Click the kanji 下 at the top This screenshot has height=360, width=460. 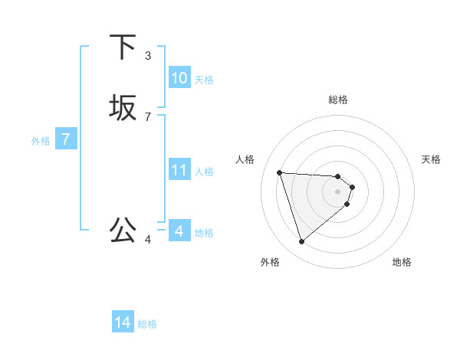click(x=123, y=47)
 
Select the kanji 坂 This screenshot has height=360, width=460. click(x=123, y=108)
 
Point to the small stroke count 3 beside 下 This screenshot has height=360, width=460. click(x=148, y=55)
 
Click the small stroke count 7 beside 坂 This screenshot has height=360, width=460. click(x=148, y=116)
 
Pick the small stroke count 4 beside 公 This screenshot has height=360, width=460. click(x=148, y=240)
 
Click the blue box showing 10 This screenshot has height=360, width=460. click(x=179, y=78)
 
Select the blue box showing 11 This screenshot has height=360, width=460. click(x=179, y=170)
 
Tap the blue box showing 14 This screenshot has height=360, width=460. click(x=123, y=323)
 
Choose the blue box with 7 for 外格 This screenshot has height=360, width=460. click(x=66, y=140)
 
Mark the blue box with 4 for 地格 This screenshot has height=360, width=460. click(x=179, y=231)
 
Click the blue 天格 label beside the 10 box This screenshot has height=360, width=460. click(x=204, y=80)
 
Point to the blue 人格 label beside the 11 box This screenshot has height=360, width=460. click(x=204, y=172)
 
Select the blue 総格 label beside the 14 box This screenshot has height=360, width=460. click(x=147, y=325)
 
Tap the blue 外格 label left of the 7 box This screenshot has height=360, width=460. click(x=41, y=142)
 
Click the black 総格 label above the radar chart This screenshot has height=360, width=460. click(x=338, y=100)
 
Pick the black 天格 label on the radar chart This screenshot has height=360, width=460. click(x=431, y=159)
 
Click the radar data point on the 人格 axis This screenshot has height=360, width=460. click(x=280, y=172)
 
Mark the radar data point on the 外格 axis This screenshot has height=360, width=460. click(x=302, y=242)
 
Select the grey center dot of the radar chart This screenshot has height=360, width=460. click(x=338, y=191)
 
